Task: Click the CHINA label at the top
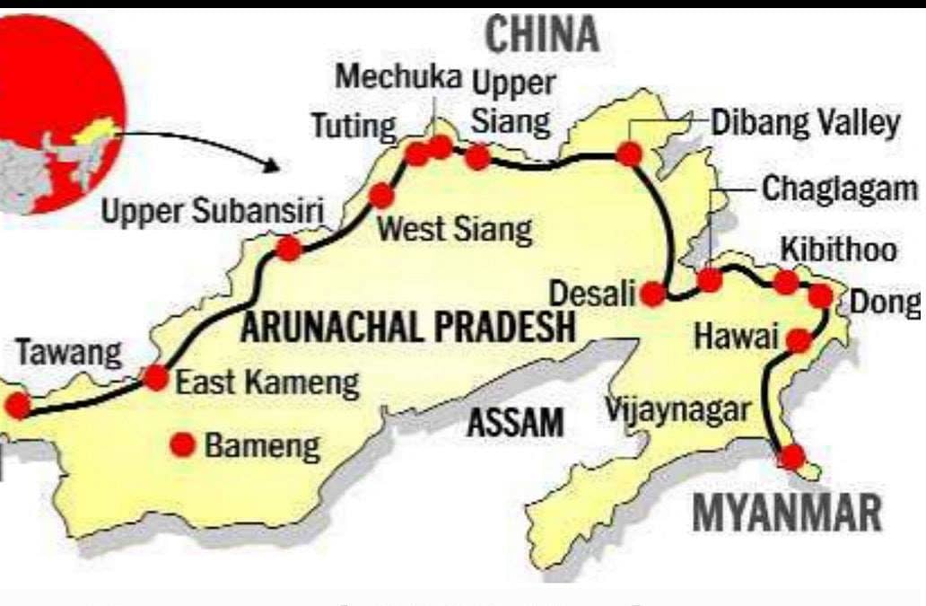(x=541, y=35)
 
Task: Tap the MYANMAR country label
(x=787, y=514)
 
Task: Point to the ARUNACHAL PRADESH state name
(x=407, y=328)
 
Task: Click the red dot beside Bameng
(x=185, y=444)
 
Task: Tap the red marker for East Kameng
(x=156, y=378)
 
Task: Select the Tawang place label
(x=68, y=353)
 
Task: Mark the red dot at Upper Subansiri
(x=288, y=249)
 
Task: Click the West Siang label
(x=454, y=230)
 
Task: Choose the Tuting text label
(x=353, y=127)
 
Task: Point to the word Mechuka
(x=399, y=77)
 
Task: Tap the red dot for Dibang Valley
(x=630, y=154)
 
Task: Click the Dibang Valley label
(x=805, y=123)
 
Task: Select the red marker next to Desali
(x=654, y=294)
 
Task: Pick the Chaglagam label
(x=840, y=189)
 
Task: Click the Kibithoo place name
(x=838, y=249)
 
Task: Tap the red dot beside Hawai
(x=799, y=340)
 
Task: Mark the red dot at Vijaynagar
(x=791, y=457)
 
